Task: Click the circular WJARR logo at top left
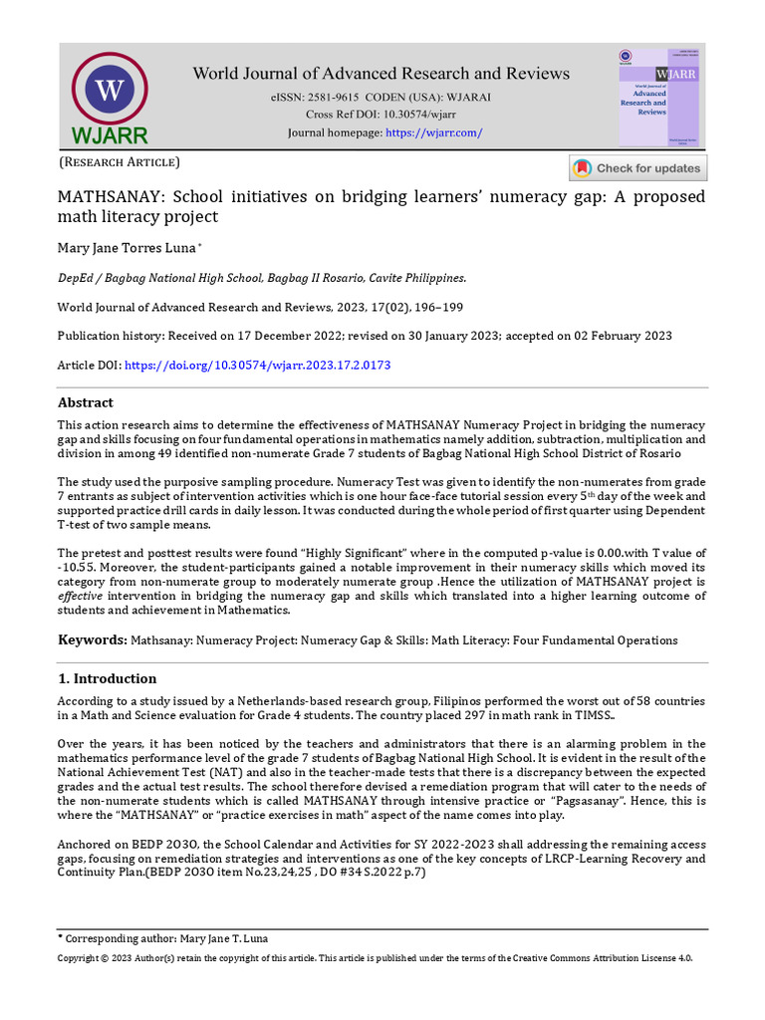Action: (109, 91)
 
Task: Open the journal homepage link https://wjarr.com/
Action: (433, 133)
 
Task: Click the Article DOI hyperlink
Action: (256, 366)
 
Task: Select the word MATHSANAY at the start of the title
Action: (111, 196)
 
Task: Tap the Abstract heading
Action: (86, 402)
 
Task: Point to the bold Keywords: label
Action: (92, 639)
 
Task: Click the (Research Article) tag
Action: (120, 161)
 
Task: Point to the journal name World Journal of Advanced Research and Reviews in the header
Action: (382, 73)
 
